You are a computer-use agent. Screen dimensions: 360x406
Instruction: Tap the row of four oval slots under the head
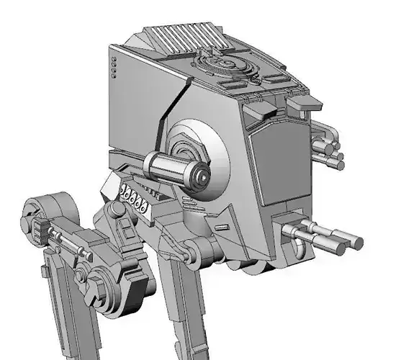(135, 196)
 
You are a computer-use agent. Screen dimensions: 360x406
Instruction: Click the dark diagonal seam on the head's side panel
(167, 119)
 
